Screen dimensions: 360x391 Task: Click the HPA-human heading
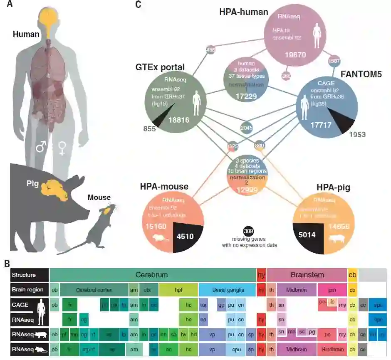coord(244,12)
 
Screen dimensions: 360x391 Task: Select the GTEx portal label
coord(160,68)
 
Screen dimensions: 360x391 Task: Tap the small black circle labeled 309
coord(249,231)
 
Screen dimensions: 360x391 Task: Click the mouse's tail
coord(75,247)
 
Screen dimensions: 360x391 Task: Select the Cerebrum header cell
coord(152,275)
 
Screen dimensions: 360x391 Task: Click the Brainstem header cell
coord(307,275)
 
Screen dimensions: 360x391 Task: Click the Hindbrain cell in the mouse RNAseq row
coord(332,349)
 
